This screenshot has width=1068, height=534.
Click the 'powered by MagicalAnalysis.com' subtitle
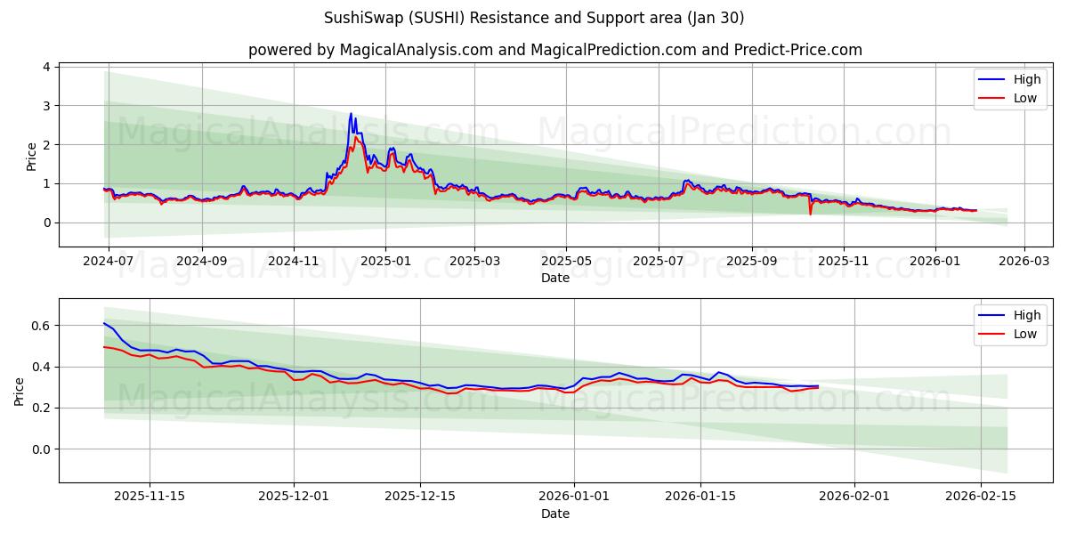(554, 50)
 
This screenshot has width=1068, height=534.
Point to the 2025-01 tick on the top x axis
(385, 262)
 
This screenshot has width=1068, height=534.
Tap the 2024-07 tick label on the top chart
(109, 262)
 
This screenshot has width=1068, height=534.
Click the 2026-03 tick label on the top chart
(1023, 262)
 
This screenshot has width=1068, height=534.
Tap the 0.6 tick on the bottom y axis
(41, 326)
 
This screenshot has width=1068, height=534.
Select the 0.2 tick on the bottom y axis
(41, 409)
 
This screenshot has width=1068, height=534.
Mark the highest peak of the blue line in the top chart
(351, 114)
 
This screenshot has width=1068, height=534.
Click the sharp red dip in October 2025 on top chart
(810, 214)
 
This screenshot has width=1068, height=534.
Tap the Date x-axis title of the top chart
(554, 278)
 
